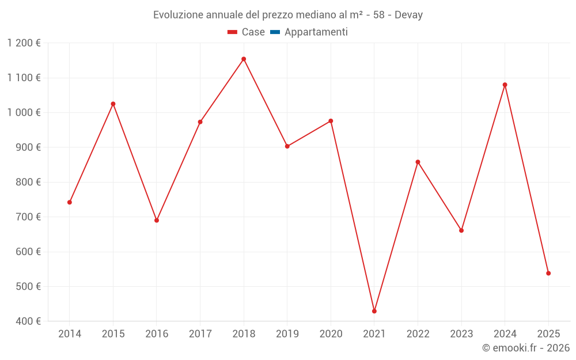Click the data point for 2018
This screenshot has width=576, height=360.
click(x=244, y=59)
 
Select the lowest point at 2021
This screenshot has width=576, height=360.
click(x=374, y=311)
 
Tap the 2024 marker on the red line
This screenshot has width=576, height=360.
click(x=505, y=85)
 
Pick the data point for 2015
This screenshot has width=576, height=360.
click(x=113, y=104)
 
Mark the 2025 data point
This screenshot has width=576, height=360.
click(x=548, y=273)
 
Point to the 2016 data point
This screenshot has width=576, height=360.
click(x=157, y=220)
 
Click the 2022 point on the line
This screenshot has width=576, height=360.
click(x=418, y=162)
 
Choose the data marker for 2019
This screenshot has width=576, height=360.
click(x=287, y=146)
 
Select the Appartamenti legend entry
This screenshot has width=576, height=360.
click(x=316, y=32)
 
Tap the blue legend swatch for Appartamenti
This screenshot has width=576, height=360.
click(x=275, y=32)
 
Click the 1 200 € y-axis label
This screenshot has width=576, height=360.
click(x=24, y=43)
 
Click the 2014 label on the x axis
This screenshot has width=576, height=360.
click(x=70, y=334)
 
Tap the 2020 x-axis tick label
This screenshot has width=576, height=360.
click(x=331, y=334)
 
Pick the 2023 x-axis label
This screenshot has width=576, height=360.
click(x=461, y=334)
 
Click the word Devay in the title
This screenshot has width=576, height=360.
click(x=408, y=15)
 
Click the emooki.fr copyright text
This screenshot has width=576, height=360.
click(x=526, y=348)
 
